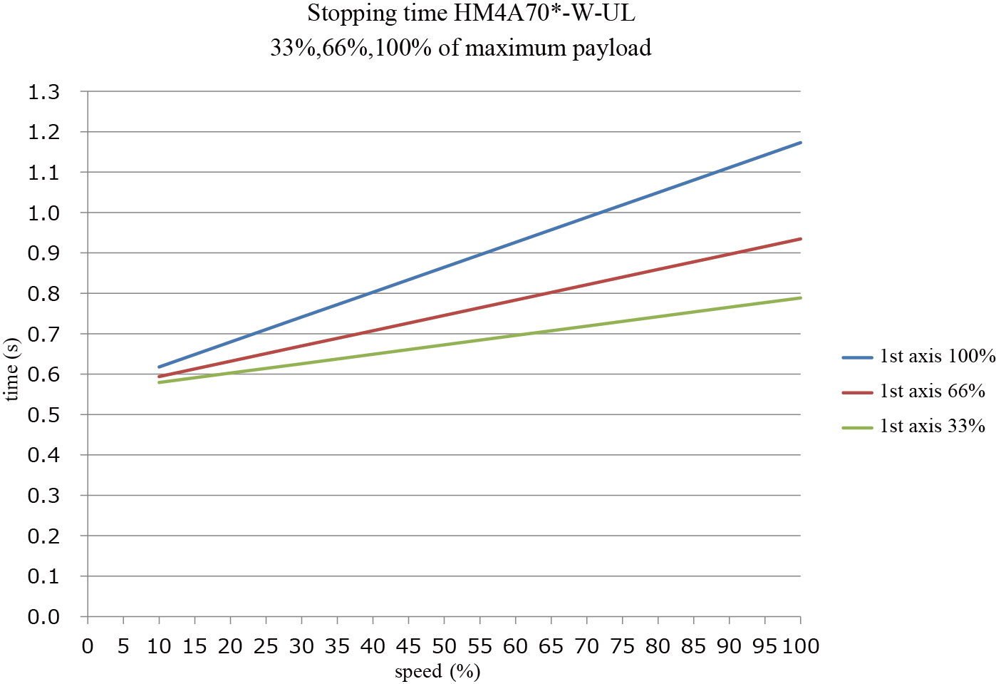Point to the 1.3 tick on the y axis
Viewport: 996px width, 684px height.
43,92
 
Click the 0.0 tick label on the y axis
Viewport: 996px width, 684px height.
43,617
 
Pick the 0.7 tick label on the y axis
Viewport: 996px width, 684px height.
43,334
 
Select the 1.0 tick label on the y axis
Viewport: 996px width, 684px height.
43,213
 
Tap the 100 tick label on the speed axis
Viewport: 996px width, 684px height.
801,646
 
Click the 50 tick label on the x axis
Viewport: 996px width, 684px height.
444,646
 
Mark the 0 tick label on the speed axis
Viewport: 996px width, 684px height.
88,646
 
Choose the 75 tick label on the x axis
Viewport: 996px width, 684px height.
622,646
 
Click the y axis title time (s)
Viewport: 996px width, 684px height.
11,369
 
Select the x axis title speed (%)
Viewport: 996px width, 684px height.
437,671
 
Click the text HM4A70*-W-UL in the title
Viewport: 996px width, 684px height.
544,14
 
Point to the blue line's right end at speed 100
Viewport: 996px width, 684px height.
800,143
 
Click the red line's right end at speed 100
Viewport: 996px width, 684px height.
800,239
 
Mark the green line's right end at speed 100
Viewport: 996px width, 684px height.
800,297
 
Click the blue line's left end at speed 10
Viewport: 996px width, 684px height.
160,367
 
